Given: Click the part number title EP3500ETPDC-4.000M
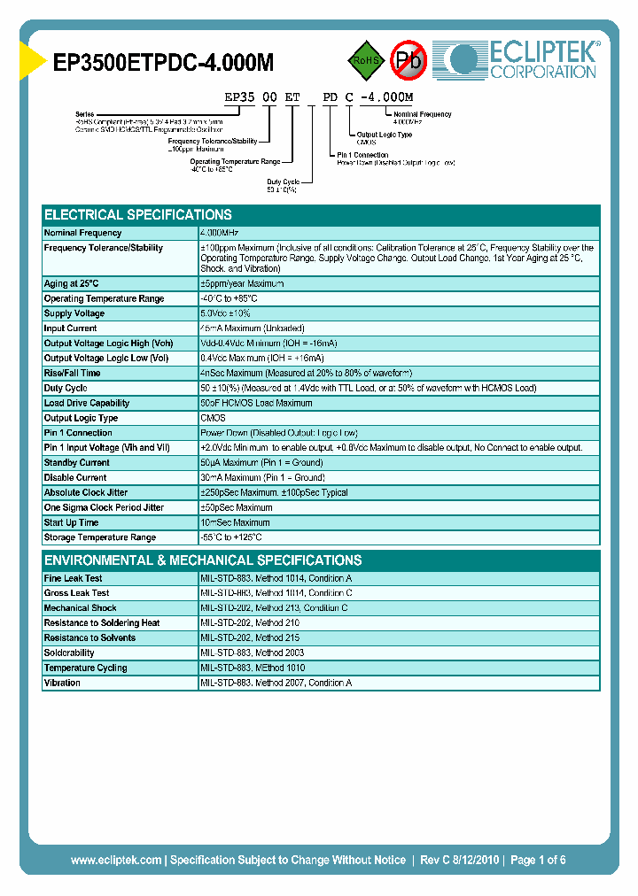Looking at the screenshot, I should tap(164, 62).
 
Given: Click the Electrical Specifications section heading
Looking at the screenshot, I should tap(138, 215).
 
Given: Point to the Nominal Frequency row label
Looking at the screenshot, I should tap(82, 233).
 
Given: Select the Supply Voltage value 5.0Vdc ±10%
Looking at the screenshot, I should tap(226, 313).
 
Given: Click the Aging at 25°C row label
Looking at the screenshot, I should tap(72, 283).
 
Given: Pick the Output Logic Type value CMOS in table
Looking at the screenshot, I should tap(214, 418).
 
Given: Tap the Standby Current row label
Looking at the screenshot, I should tap(77, 463).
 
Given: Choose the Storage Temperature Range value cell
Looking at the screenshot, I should tap(232, 537).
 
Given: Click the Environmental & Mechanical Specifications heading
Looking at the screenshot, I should tap(203, 560).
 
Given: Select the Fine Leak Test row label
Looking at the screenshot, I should tap(74, 578).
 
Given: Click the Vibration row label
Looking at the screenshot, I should tap(62, 683).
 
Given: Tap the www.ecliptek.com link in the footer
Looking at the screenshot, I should tap(116, 860).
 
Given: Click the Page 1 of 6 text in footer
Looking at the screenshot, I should tap(538, 860).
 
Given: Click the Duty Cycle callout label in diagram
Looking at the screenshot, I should tap(284, 182).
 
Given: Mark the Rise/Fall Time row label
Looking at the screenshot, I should tap(73, 373).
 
